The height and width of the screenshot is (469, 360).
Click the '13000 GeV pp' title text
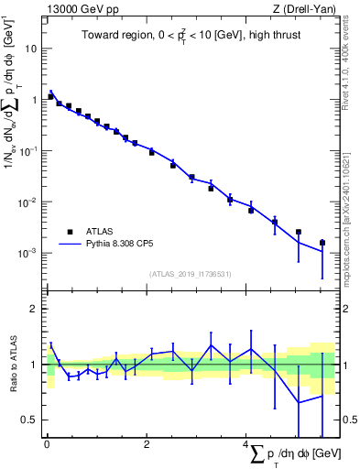[79, 9]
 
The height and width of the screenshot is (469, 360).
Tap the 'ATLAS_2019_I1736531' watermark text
[189, 274]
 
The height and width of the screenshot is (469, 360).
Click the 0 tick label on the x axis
[47, 443]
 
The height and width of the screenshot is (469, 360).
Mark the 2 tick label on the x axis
[147, 443]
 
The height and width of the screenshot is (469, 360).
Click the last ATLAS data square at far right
[322, 243]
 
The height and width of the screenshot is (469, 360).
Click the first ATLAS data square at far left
[51, 96]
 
